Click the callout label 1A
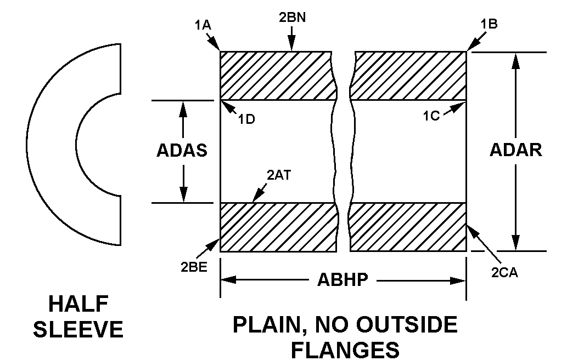(x=203, y=25)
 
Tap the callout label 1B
(x=489, y=24)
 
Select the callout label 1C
(x=432, y=116)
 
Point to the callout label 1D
(x=247, y=119)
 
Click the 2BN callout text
(x=292, y=18)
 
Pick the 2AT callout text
(x=279, y=175)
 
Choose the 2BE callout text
(x=194, y=267)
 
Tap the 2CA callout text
(x=504, y=273)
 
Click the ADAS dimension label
(x=182, y=150)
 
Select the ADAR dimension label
(x=516, y=150)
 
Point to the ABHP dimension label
(x=343, y=279)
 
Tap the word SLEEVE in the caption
(x=78, y=330)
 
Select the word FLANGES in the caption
(x=345, y=350)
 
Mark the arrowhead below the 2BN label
(x=292, y=46)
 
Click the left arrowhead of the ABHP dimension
(x=228, y=280)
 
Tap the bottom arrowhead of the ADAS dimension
(x=184, y=195)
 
